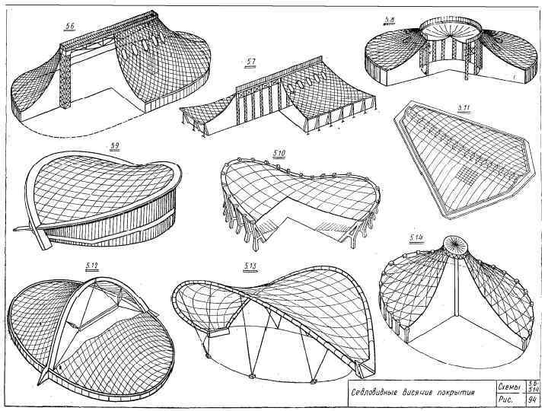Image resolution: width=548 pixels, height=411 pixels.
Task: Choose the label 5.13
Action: [x=250, y=266]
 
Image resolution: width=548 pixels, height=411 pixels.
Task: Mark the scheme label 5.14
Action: [x=416, y=238]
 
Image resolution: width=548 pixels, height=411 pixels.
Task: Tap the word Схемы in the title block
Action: [x=508, y=387]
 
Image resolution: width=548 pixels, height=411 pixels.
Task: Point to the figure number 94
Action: [x=534, y=400]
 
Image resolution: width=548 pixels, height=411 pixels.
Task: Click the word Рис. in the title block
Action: [x=505, y=400]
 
